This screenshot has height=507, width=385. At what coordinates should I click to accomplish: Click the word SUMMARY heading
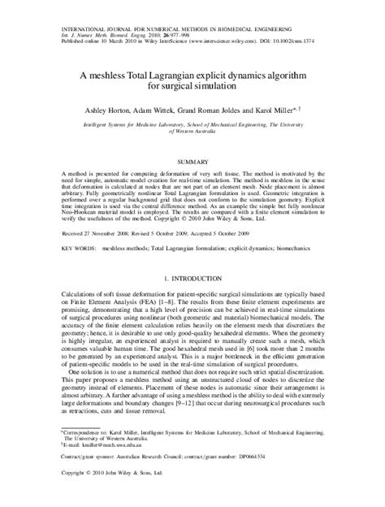[192, 162]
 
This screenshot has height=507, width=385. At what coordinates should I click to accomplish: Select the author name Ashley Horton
[120, 108]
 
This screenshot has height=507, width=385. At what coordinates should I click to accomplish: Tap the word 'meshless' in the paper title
[124, 71]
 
